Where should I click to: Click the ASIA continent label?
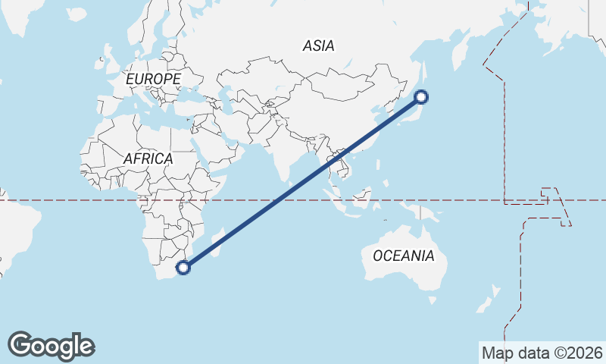pos(318,45)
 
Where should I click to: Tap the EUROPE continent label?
pos(153,79)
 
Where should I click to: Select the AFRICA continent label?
pos(148,159)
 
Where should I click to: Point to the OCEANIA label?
pos(404,256)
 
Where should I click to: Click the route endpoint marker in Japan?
pos(422,96)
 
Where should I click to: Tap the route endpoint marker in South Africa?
pos(183,267)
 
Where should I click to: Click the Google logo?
pos(51,346)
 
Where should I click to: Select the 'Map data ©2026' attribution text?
pos(542,353)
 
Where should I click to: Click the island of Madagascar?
pos(217,242)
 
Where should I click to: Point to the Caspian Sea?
pos(225,99)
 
